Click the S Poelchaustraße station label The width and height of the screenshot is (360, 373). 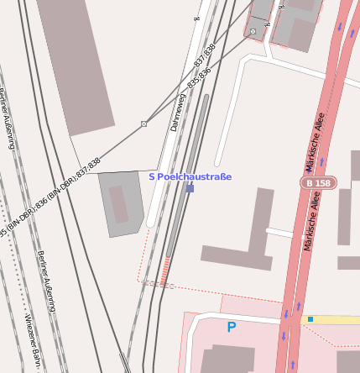190,176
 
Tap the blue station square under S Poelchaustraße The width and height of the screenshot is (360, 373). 190,188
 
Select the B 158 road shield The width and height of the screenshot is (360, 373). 318,182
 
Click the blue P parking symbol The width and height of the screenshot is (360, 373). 232,327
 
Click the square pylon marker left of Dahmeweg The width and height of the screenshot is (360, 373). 143,123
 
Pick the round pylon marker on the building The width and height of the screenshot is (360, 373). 253,32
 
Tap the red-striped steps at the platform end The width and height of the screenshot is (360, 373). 164,271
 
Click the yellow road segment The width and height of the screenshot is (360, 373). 331,319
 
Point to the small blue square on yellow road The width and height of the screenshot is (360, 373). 310,319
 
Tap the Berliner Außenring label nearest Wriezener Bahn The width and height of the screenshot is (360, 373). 47,281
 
